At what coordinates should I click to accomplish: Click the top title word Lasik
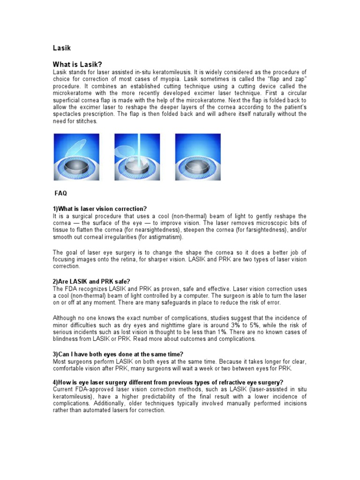coord(61,48)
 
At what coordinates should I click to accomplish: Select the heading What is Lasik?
coord(77,64)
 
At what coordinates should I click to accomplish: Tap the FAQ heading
coord(61,193)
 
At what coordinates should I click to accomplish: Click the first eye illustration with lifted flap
coord(76,157)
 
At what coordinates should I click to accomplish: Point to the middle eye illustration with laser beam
coord(137,157)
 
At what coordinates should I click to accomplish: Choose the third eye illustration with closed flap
coord(197,157)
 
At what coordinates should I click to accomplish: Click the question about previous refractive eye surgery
coord(168,382)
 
